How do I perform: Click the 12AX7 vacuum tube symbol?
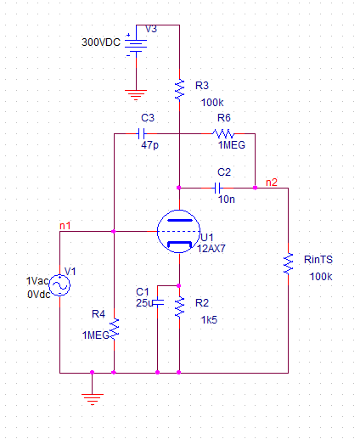[x=178, y=232]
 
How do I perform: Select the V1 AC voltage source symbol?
[x=59, y=285]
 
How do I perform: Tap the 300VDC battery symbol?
[x=136, y=46]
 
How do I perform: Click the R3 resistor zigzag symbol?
[x=179, y=90]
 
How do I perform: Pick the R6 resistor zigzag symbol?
[x=223, y=133]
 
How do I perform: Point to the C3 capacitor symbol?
[x=141, y=133]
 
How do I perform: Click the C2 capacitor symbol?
[x=218, y=188]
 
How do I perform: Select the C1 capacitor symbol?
[x=158, y=302]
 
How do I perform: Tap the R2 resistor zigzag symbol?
[x=179, y=307]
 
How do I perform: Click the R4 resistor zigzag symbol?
[x=114, y=329]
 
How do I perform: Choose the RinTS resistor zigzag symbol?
[x=288, y=264]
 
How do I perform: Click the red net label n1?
[x=65, y=226]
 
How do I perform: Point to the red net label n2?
[x=272, y=183]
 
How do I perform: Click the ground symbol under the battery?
[x=136, y=95]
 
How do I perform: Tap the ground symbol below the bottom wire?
[x=93, y=399]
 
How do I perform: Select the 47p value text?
[x=149, y=145]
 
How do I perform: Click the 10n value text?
[x=227, y=200]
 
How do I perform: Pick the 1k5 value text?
[x=209, y=320]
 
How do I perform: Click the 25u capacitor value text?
[x=144, y=303]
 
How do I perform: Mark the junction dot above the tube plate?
[x=178, y=188]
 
